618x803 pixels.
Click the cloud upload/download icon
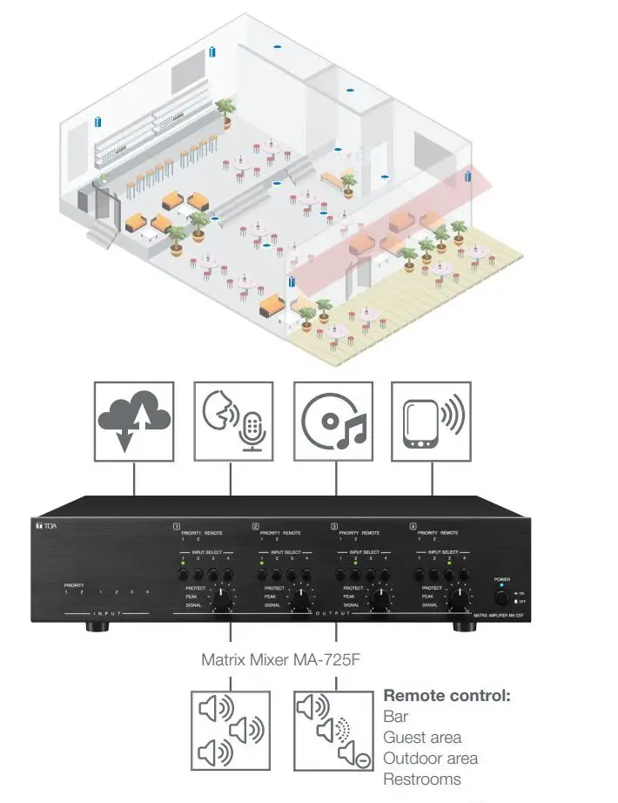pyautogui.click(x=134, y=421)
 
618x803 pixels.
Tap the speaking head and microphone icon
pyautogui.click(x=232, y=421)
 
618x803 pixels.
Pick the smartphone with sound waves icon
pyautogui.click(x=433, y=421)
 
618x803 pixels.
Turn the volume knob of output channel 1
pyautogui.click(x=225, y=599)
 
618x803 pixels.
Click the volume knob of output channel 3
pyautogui.click(x=380, y=599)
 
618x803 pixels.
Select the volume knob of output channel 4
pyautogui.click(x=457, y=599)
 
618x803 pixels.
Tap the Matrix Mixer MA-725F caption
pyautogui.click(x=280, y=660)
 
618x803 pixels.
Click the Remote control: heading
pyautogui.click(x=447, y=697)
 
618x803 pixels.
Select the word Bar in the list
pyautogui.click(x=395, y=717)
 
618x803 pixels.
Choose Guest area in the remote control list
pyautogui.click(x=422, y=738)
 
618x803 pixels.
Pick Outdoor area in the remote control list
pyautogui.click(x=430, y=759)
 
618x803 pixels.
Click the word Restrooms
pyautogui.click(x=422, y=779)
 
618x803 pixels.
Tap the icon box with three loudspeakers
pyautogui.click(x=230, y=730)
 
